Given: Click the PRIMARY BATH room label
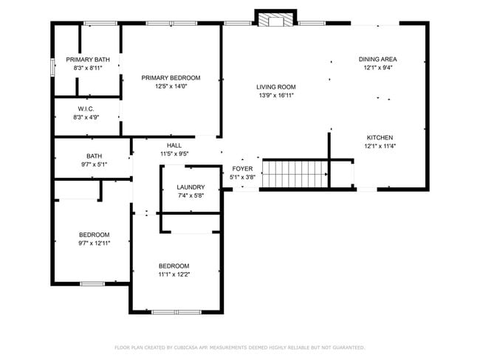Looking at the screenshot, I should pos(87,60).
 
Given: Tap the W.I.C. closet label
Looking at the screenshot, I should pos(85,108).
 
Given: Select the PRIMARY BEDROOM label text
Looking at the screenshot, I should pos(171,78).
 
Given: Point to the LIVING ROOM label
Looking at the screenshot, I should pos(276,87).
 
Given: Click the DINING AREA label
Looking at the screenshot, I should pos(378,60).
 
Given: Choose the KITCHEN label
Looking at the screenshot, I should pos(380,137).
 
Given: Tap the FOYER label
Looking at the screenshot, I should pos(242,169).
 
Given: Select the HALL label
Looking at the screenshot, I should pos(174,145).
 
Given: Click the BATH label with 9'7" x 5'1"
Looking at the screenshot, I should pos(94,156).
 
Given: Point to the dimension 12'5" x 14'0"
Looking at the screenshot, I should pos(171,86).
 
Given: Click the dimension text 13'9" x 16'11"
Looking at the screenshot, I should pos(276,95).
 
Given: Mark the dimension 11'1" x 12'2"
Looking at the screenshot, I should pos(174,274).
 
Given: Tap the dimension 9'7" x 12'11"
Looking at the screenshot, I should pos(95,243).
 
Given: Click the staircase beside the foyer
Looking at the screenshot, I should pos(295,175).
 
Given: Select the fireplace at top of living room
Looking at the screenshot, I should pos(275,18).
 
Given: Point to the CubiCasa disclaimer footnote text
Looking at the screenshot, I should pos(239,347).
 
